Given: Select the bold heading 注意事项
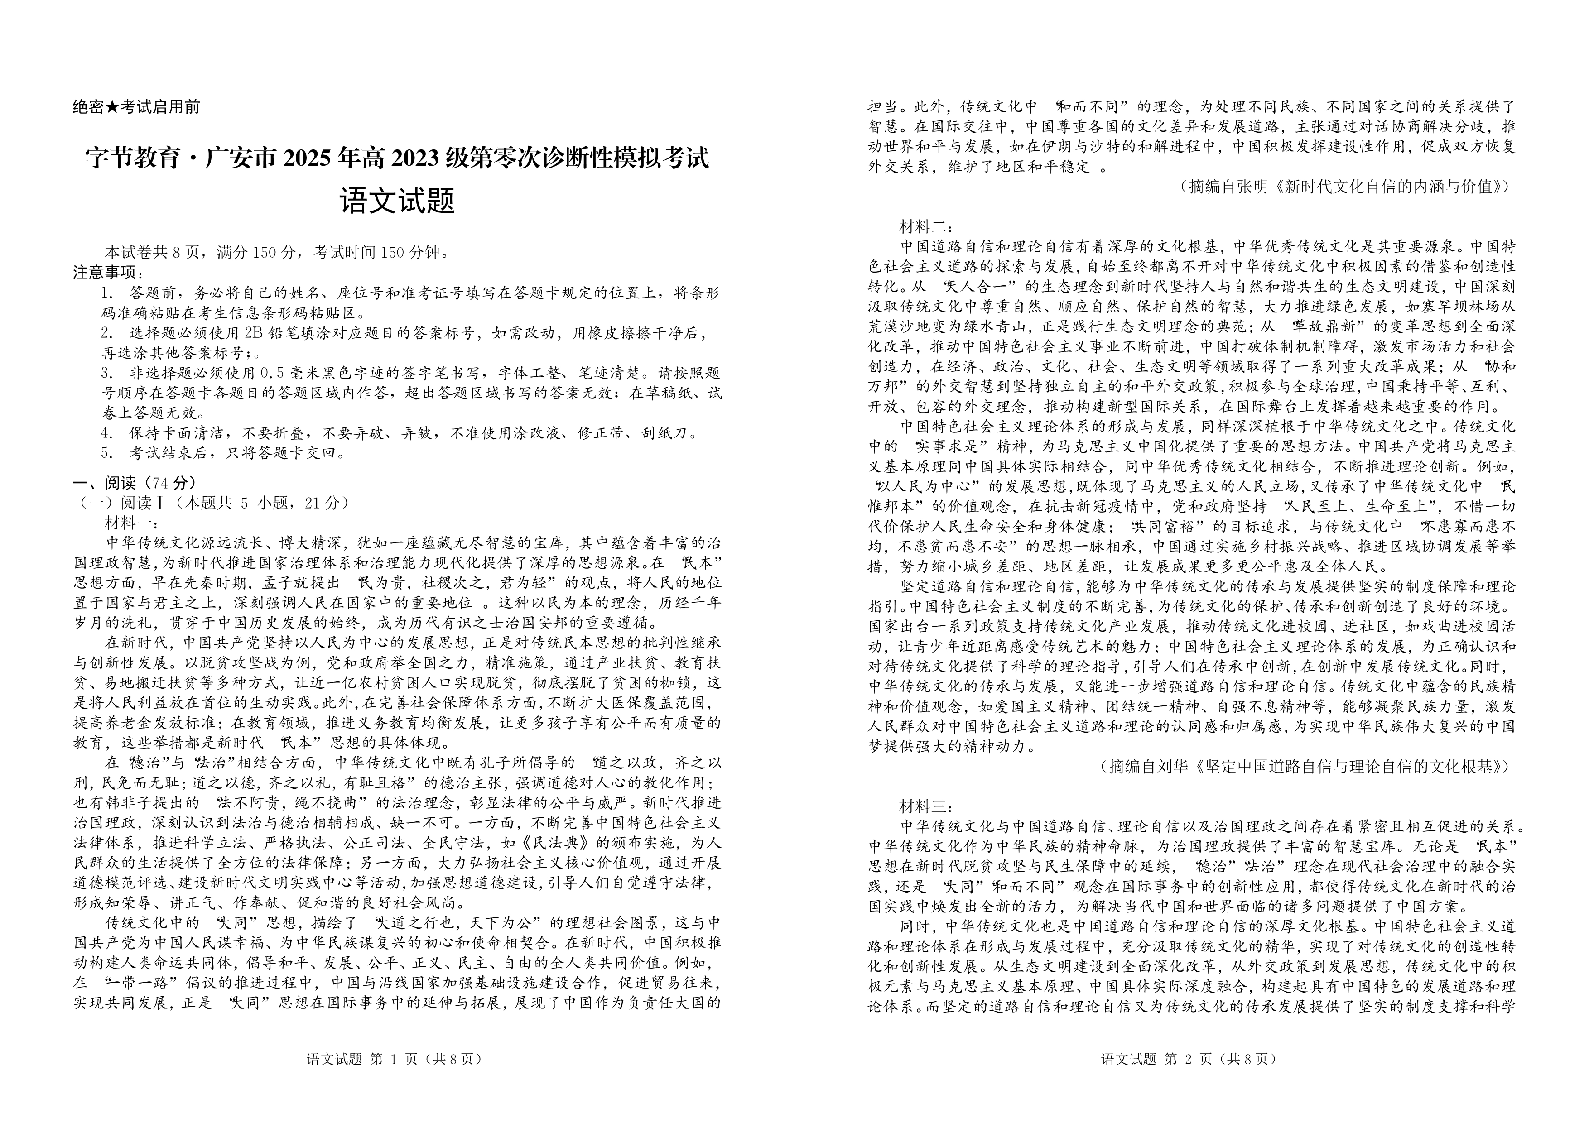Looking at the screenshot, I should pyautogui.click(x=107, y=272).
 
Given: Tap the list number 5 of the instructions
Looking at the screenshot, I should pyautogui.click(x=106, y=453).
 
